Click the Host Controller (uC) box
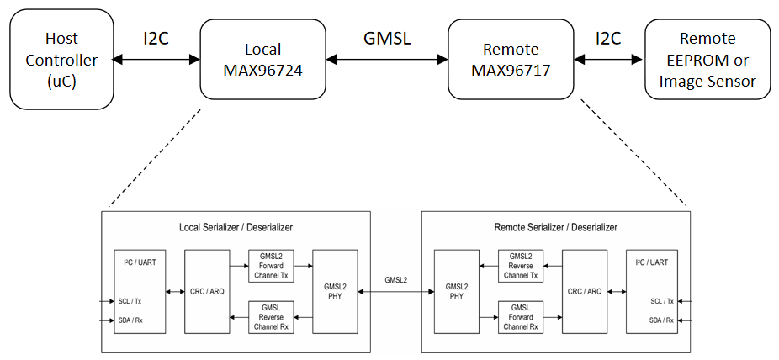pyautogui.click(x=61, y=61)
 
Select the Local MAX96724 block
pyautogui.click(x=263, y=61)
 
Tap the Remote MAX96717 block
pyautogui.click(x=511, y=61)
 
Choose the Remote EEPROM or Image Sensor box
pyautogui.click(x=707, y=61)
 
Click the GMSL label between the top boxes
pyautogui.click(x=387, y=39)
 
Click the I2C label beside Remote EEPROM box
pyautogui.click(x=609, y=39)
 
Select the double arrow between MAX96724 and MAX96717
pyautogui.click(x=387, y=60)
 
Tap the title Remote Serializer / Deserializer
pyautogui.click(x=555, y=227)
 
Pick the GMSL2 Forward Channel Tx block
pyautogui.click(x=272, y=265)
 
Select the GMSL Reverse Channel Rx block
pyautogui.click(x=272, y=316)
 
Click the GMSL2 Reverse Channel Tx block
pyautogui.click(x=521, y=265)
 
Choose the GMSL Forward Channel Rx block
pyautogui.click(x=521, y=316)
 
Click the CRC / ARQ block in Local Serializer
pyautogui.click(x=207, y=291)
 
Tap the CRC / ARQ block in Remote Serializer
pyautogui.click(x=585, y=291)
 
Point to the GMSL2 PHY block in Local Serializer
pyautogui.click(x=334, y=291)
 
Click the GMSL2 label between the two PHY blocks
pyautogui.click(x=396, y=279)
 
